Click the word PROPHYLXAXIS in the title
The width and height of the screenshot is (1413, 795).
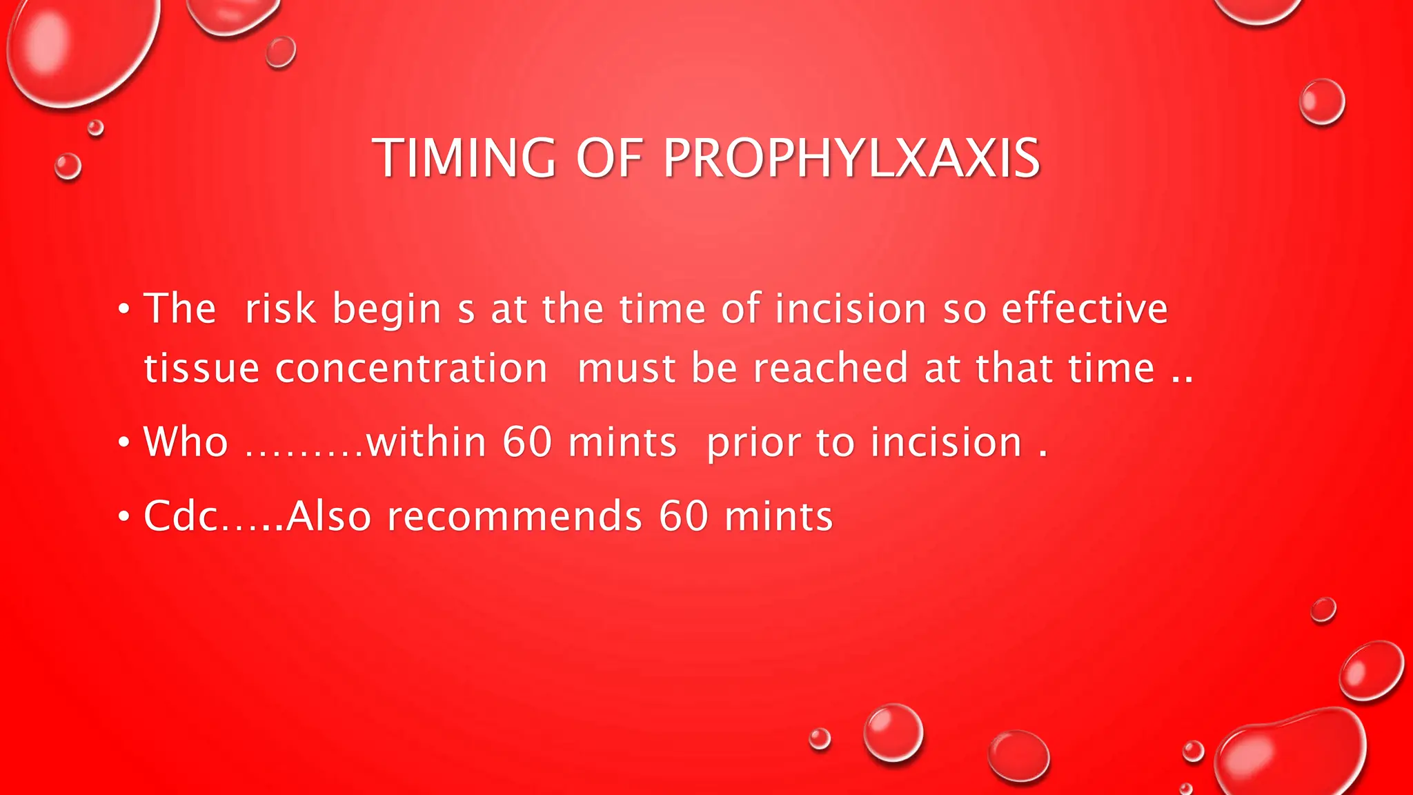pos(851,158)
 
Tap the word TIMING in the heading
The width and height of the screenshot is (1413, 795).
pos(464,158)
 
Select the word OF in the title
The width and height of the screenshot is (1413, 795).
pos(609,158)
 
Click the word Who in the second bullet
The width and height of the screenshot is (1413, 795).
pos(186,442)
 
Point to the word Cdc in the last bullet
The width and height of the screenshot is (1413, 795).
pos(181,516)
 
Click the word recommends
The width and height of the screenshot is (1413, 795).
pos(515,516)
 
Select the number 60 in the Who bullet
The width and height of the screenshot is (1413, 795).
pos(527,442)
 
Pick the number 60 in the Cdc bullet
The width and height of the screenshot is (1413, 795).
pos(684,516)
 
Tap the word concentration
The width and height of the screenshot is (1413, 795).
pos(411,368)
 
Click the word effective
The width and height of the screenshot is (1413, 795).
pos(1085,308)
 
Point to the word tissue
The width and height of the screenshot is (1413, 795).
pos(201,368)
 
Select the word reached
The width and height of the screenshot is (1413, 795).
pos(830,368)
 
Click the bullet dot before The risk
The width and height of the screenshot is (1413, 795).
pos(123,308)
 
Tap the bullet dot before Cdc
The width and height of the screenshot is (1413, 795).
pos(123,516)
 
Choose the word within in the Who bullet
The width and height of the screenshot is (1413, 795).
pos(426,442)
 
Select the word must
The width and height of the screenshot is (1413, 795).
pos(626,368)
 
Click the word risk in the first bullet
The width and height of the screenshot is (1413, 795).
pos(280,308)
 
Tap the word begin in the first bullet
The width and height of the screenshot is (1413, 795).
pos(386,309)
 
